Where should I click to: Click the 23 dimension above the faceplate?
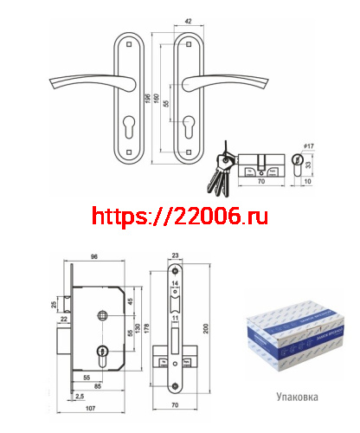point(175,255)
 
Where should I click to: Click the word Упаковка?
point(297,399)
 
